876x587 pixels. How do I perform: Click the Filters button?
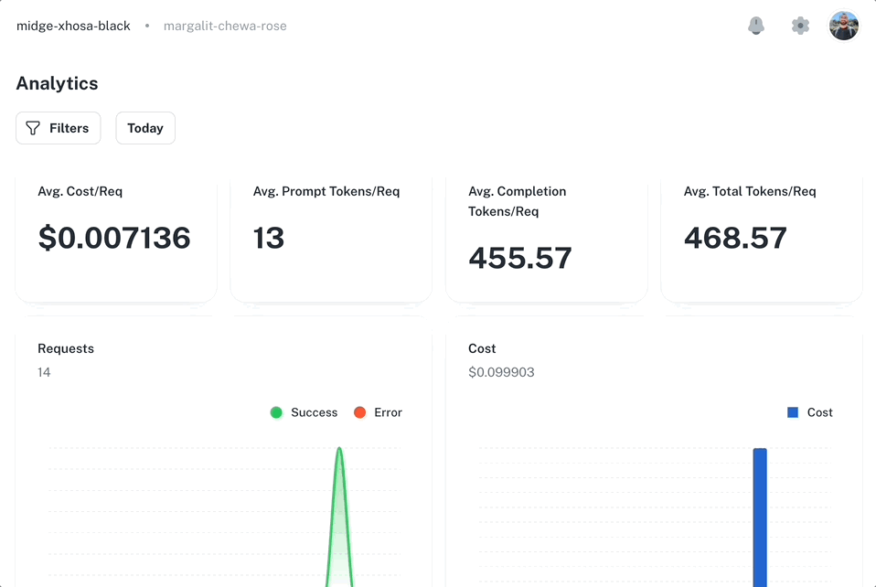tap(58, 128)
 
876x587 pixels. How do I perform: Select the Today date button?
tap(145, 128)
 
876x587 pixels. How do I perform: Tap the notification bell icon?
tap(756, 26)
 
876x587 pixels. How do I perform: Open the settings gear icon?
tap(800, 26)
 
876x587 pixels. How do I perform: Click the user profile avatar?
tap(844, 26)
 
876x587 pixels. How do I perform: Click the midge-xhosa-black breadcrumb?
tap(73, 26)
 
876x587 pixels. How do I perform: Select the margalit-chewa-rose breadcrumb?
tap(225, 26)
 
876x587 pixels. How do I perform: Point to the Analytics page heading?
tap(57, 83)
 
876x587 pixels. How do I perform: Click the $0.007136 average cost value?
tap(114, 238)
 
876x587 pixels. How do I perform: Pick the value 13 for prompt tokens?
tap(269, 238)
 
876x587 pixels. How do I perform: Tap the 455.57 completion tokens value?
tap(520, 258)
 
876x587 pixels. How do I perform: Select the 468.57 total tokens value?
tap(735, 238)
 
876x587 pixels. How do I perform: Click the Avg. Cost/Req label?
tap(80, 191)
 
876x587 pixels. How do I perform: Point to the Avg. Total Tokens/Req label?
tap(750, 191)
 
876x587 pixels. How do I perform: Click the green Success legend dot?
tap(276, 412)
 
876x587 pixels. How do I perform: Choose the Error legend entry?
tap(379, 412)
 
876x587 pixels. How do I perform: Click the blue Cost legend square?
tap(793, 412)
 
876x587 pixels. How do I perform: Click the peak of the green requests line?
tap(339, 449)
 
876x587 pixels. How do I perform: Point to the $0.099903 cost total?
tap(501, 372)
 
